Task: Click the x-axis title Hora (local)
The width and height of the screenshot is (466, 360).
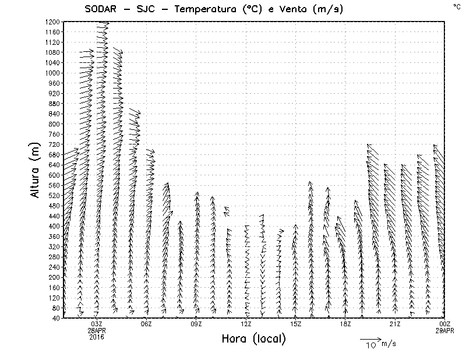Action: click(253, 338)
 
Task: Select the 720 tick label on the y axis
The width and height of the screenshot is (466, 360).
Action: click(54, 144)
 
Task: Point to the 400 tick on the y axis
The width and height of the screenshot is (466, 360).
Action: click(54, 226)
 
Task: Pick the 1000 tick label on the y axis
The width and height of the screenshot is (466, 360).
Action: click(52, 73)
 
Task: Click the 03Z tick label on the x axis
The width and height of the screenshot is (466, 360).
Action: click(97, 324)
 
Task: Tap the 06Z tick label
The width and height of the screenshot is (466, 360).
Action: click(146, 324)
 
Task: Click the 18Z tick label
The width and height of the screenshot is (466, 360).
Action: click(345, 324)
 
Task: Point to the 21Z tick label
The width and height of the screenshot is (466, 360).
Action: click(395, 324)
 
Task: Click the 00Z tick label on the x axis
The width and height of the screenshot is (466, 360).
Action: click(445, 324)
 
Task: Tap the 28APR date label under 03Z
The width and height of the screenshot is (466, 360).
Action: click(97, 330)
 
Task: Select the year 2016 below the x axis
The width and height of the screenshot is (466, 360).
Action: click(97, 337)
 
